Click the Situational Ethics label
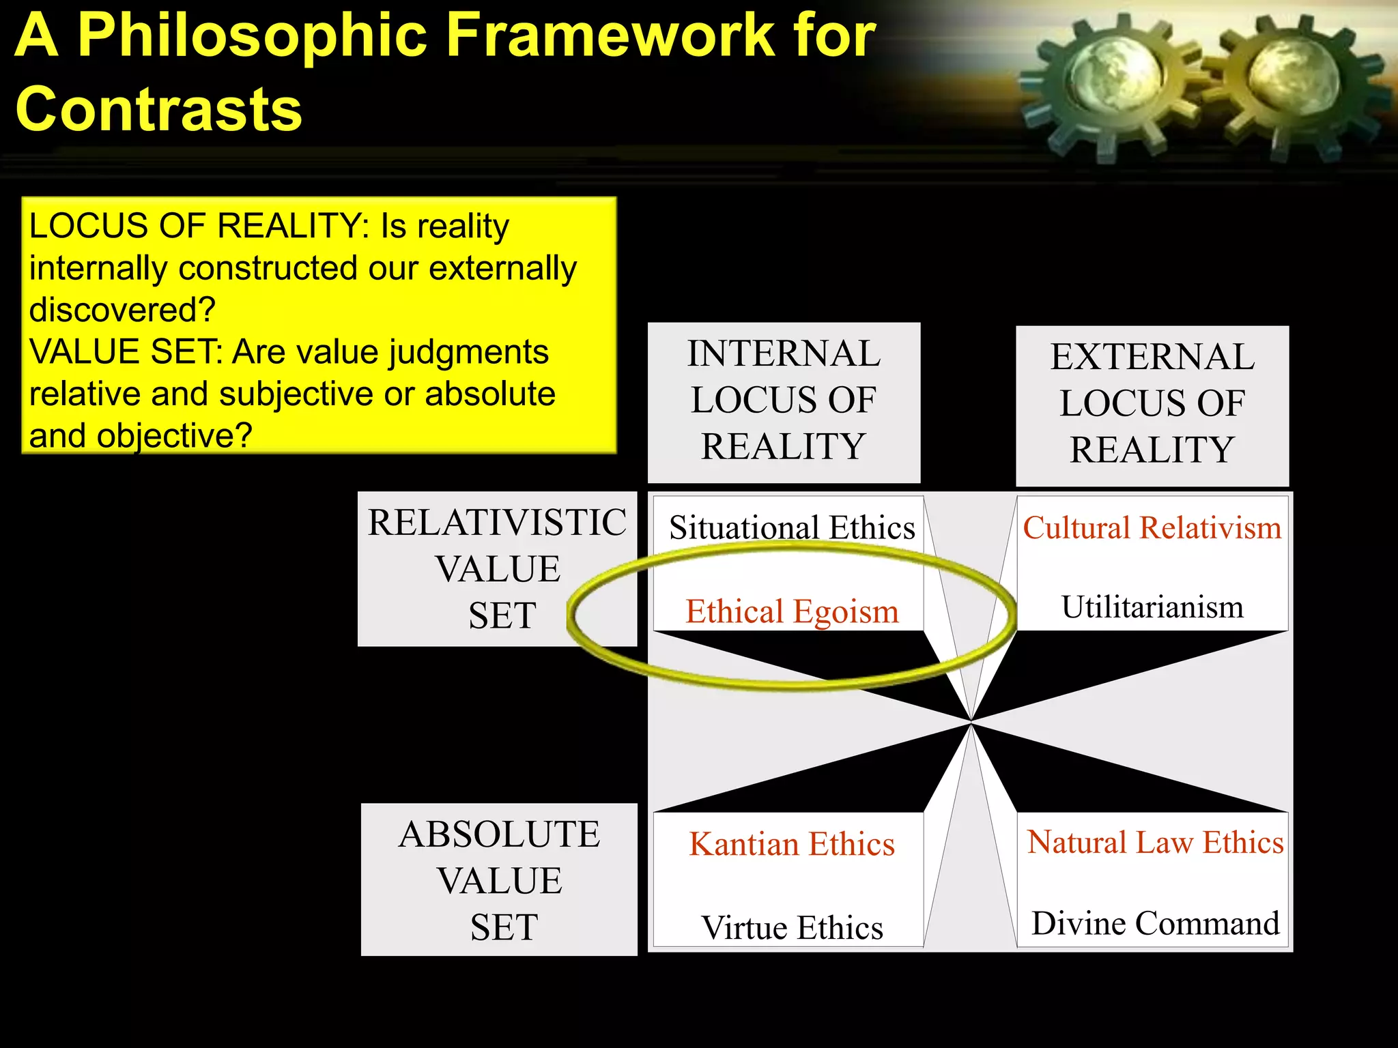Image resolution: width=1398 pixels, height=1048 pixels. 792,528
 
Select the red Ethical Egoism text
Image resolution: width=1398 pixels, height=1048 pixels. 792,611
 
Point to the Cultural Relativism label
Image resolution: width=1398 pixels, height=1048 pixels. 1152,528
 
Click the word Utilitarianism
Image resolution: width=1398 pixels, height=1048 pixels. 1152,607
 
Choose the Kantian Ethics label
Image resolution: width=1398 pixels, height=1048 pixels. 792,845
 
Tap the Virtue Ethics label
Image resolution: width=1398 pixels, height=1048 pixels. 792,928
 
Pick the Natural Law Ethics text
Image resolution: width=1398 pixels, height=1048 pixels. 1155,843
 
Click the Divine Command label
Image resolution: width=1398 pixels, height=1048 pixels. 1155,924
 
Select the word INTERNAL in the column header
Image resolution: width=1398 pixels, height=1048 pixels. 784,354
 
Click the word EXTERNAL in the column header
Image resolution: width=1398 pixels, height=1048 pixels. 1152,357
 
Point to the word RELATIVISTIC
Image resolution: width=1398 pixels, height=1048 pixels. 497,523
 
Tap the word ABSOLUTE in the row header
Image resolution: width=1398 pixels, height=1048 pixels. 500,834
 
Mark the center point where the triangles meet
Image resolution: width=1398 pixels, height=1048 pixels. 971,721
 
